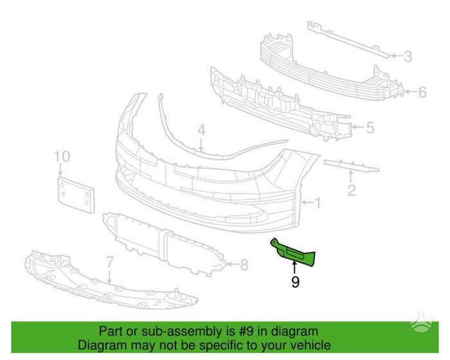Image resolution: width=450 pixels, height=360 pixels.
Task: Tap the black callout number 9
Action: click(295, 282)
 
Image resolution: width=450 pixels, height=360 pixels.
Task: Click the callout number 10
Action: click(62, 156)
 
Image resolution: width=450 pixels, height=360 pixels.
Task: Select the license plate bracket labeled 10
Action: click(76, 194)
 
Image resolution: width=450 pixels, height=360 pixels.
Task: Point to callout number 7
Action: click(110, 263)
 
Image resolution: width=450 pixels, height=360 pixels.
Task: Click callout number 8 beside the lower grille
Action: click(244, 265)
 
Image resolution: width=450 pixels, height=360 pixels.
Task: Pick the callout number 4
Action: click(202, 130)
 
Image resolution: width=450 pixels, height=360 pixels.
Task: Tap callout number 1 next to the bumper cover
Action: click(318, 203)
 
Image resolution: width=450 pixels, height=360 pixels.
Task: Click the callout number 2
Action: click(352, 190)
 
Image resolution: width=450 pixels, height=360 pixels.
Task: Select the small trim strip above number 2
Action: click(352, 166)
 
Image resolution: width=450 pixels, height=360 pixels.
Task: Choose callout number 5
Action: click(370, 127)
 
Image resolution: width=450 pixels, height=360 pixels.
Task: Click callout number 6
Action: click(422, 92)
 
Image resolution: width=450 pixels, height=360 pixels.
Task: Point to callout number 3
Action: click(408, 57)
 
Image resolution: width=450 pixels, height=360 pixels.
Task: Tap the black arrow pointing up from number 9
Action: click(294, 267)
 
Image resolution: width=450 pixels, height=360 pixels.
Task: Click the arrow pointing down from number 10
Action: click(60, 169)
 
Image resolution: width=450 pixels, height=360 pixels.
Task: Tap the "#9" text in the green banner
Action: click(246, 331)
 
